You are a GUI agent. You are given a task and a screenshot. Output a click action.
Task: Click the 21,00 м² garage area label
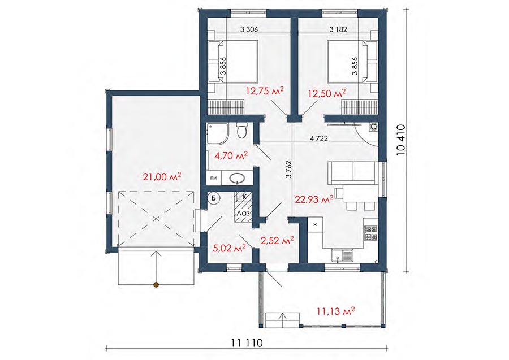click(x=162, y=177)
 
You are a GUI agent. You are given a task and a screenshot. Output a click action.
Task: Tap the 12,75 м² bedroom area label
click(x=265, y=91)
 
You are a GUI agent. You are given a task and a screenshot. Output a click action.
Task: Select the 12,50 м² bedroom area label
click(x=326, y=94)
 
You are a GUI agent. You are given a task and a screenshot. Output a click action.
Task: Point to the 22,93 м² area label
click(x=314, y=199)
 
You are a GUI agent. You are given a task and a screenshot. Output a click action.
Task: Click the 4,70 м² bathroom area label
click(x=231, y=155)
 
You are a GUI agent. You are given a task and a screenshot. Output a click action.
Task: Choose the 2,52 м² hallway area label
click(x=278, y=241)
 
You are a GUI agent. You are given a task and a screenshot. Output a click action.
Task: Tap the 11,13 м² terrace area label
click(x=335, y=311)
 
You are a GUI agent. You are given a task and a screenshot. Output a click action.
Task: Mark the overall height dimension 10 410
click(x=401, y=140)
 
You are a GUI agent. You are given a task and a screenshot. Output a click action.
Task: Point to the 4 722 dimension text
click(x=319, y=138)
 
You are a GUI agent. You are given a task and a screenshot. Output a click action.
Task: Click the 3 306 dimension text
click(x=249, y=29)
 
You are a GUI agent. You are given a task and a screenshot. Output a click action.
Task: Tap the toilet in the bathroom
click(x=241, y=131)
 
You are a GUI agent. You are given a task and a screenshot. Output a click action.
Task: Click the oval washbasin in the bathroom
click(x=238, y=178)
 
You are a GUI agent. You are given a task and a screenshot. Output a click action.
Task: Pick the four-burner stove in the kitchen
click(x=370, y=233)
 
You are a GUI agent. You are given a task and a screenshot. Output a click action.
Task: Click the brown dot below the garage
click(x=156, y=285)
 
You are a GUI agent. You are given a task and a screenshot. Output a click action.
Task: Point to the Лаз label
click(x=243, y=214)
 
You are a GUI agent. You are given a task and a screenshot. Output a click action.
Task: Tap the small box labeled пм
click(x=214, y=177)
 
